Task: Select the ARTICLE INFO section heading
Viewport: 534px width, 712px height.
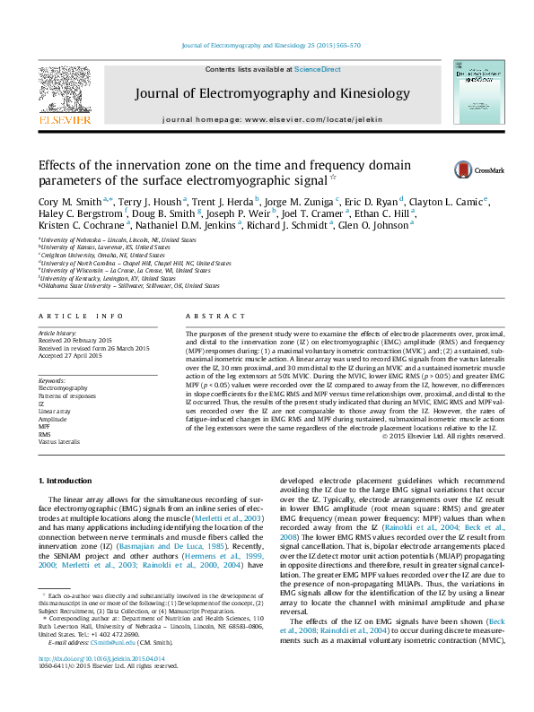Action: click(x=80, y=317)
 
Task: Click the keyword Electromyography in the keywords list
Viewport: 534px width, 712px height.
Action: click(x=63, y=387)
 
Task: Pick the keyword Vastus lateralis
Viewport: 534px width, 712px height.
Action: click(x=58, y=442)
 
